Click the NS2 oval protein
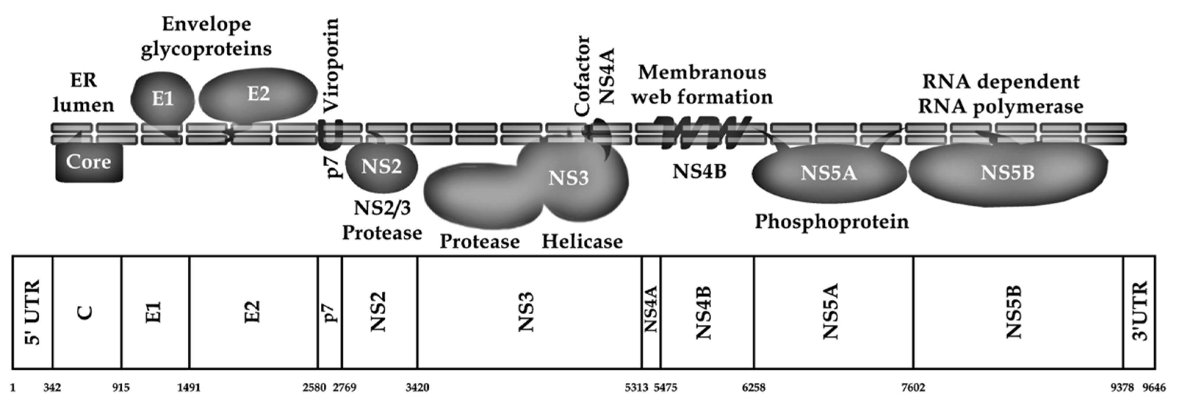[x=381, y=167]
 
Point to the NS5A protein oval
[x=829, y=174]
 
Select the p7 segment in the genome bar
[x=330, y=312]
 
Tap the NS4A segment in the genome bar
[x=651, y=312]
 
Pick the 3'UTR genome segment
[x=1139, y=312]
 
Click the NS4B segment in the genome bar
[x=707, y=312]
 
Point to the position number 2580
[x=314, y=388]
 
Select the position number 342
[x=52, y=388]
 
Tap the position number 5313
[x=637, y=388]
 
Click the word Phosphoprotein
[x=831, y=222]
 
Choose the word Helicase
[x=582, y=241]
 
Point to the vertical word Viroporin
[x=331, y=64]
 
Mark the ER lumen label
[x=83, y=93]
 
